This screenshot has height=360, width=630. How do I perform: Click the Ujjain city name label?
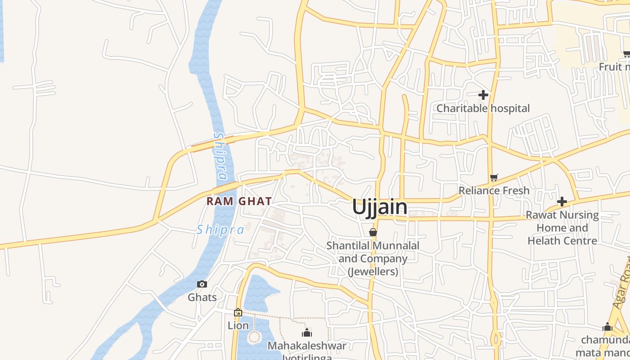[380, 207]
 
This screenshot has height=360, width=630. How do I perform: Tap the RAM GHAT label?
[239, 201]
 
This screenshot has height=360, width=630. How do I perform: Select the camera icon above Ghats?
[202, 284]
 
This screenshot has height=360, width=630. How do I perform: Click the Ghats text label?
[202, 297]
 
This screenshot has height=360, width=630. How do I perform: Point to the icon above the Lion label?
[238, 312]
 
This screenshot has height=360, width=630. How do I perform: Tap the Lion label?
[238, 325]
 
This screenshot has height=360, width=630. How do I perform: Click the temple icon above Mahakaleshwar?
[307, 333]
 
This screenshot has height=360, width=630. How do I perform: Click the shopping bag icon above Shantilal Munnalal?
[373, 232]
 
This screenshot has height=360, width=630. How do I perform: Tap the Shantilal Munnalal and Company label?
[373, 259]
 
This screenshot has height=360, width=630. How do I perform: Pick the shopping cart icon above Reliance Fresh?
[494, 177]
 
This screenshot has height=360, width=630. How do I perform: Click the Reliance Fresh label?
[494, 191]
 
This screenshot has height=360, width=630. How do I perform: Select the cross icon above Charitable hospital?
[483, 95]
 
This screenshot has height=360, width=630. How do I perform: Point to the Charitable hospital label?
[483, 108]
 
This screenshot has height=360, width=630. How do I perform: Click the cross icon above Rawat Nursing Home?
[562, 202]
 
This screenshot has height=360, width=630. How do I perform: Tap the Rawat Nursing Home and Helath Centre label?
[562, 228]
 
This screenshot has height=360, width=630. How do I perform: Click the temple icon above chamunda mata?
[607, 327]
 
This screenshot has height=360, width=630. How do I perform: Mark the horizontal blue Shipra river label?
[220, 230]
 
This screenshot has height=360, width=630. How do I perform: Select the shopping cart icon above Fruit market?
[626, 54]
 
